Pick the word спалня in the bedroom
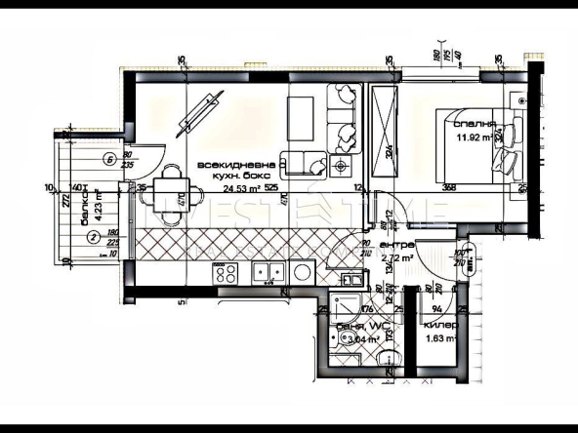pos(474,124)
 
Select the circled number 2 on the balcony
pos(92,235)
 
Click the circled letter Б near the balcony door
pos(110,159)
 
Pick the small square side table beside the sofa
pos(341,168)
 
